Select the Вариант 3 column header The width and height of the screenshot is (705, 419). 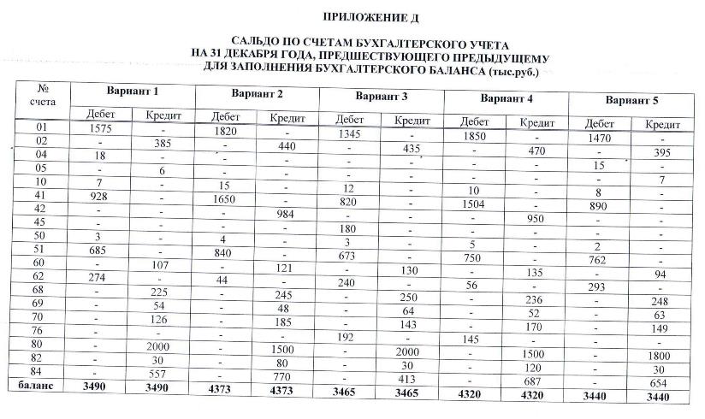point(381,95)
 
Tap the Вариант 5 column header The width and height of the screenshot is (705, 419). point(631,101)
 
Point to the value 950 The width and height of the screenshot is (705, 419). point(536,219)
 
